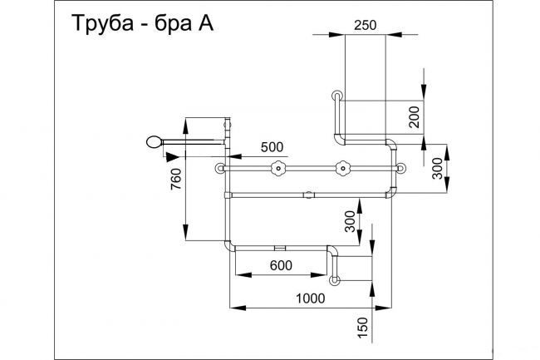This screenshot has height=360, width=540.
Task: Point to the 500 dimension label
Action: pyautogui.click(x=272, y=147)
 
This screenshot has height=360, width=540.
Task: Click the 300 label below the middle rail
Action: pyautogui.click(x=350, y=221)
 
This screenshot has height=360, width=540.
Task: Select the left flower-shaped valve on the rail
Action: pyautogui.click(x=277, y=170)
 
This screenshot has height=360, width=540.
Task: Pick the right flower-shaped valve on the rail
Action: pyautogui.click(x=341, y=170)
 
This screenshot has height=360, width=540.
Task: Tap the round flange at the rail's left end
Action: pyautogui.click(x=221, y=170)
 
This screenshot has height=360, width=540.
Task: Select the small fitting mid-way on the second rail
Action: pyautogui.click(x=309, y=196)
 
